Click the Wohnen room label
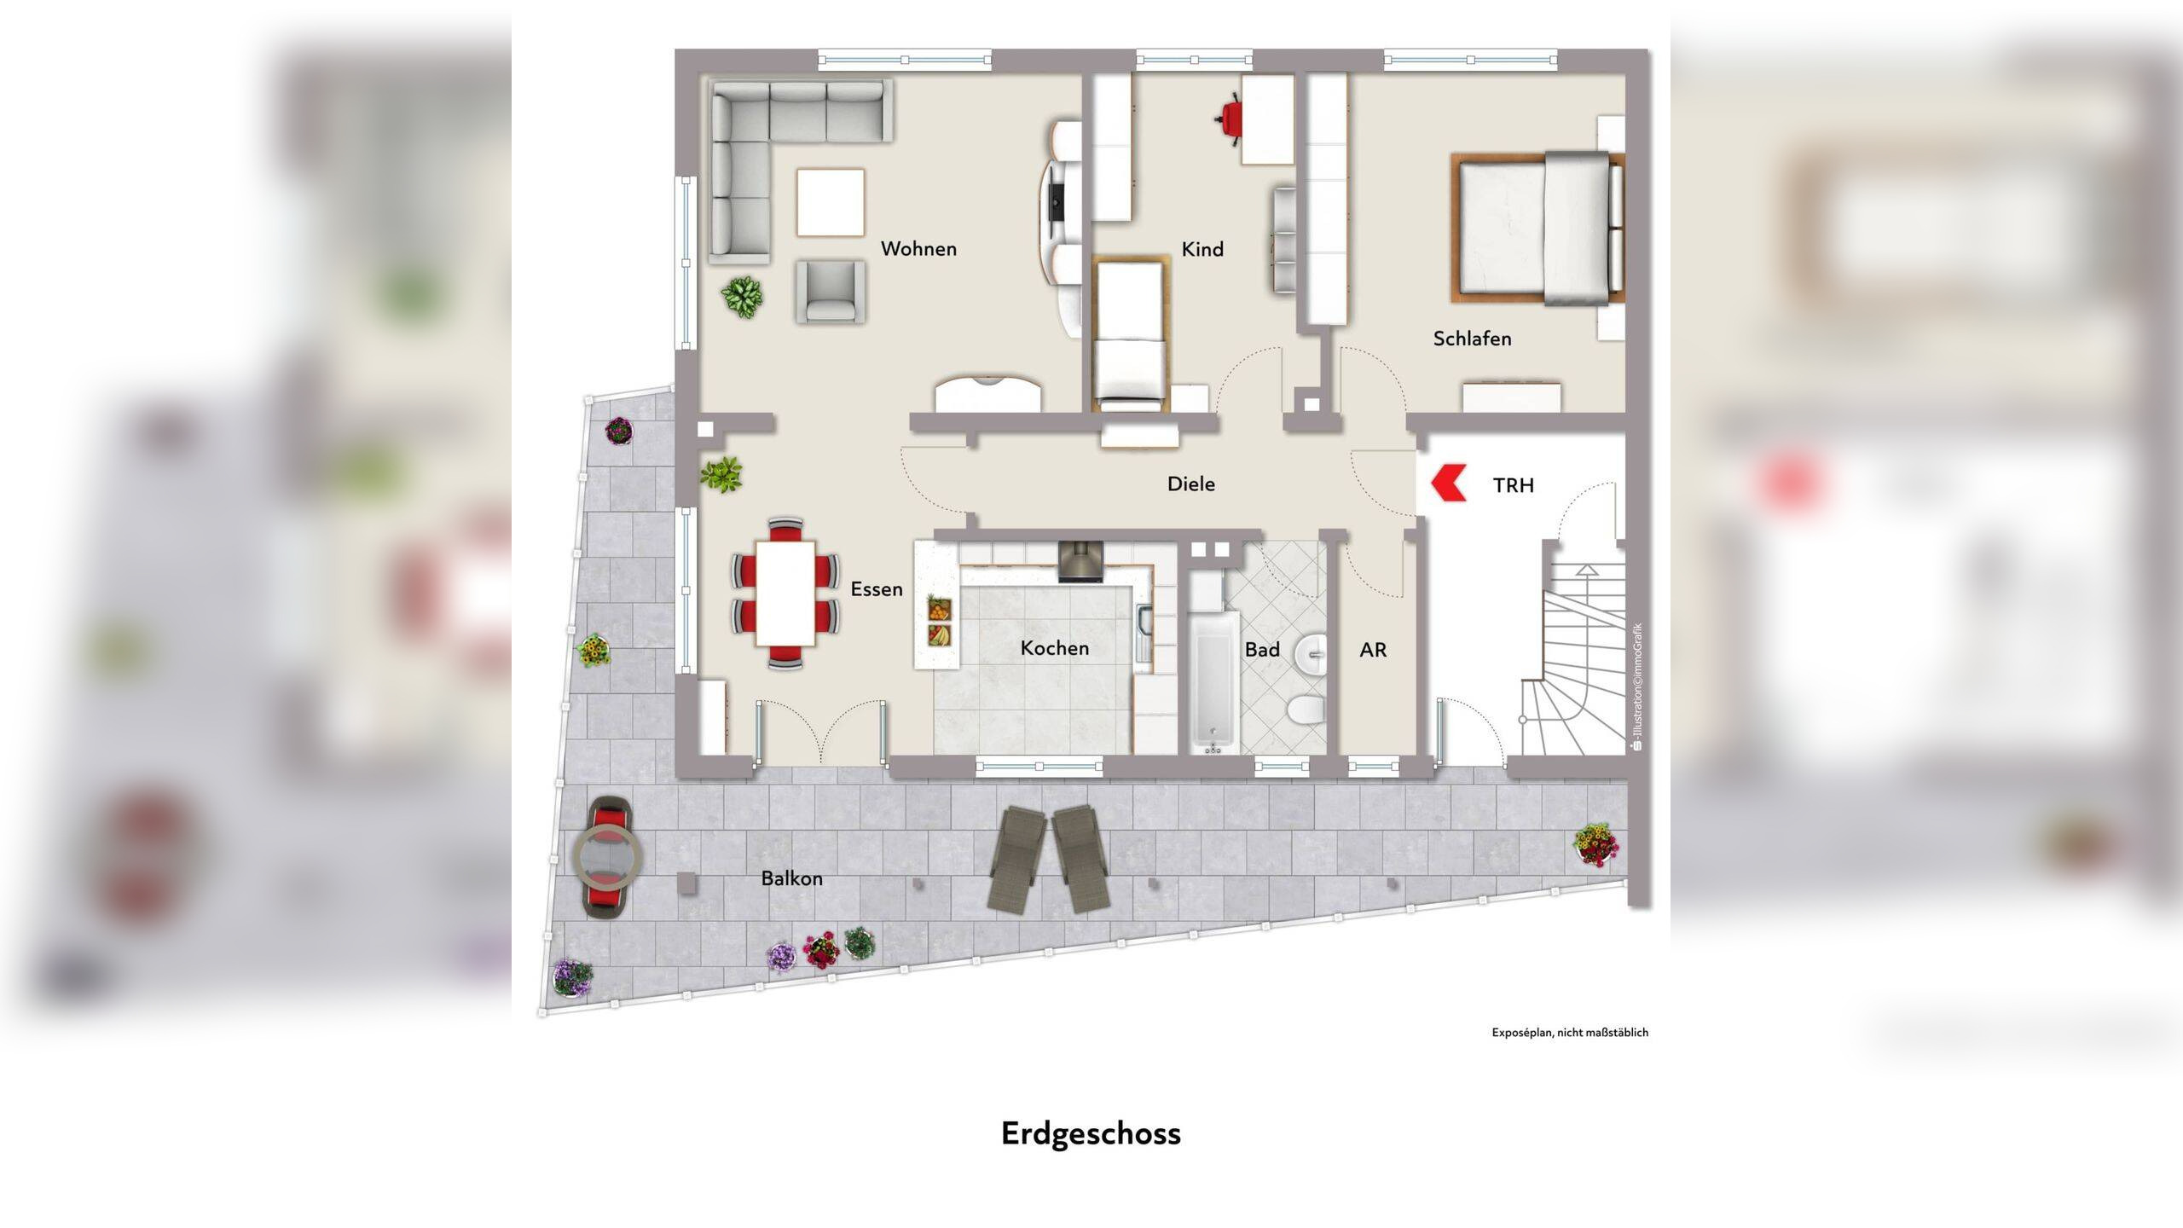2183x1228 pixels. (918, 249)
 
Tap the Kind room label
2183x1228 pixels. (1202, 249)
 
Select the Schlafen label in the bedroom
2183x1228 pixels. (1472, 339)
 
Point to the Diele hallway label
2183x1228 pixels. (1191, 484)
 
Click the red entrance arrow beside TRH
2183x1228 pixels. (1447, 484)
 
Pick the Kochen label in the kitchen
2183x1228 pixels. (1055, 648)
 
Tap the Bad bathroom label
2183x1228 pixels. (1262, 650)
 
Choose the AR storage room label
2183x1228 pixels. (1373, 650)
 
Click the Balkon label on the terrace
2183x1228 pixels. (791, 878)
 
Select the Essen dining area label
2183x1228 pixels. (877, 589)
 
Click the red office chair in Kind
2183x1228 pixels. (1229, 119)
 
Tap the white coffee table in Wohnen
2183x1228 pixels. (831, 202)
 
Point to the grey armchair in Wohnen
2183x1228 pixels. (830, 292)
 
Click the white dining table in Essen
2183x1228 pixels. (785, 594)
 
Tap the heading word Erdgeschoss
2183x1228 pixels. (1091, 1134)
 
